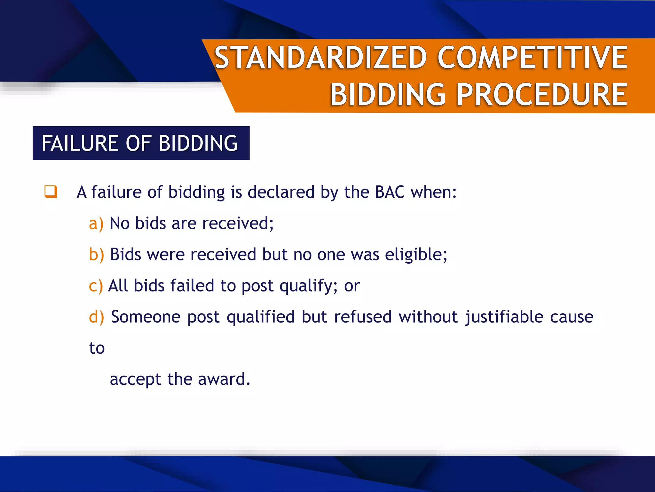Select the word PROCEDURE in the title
point(542,94)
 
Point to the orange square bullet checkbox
point(51,192)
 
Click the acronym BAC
point(390,192)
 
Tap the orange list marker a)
point(96,223)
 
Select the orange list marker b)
point(96,255)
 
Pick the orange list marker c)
point(96,286)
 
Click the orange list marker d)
point(96,317)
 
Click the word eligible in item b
point(415,255)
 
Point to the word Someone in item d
point(146,317)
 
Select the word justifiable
point(504,317)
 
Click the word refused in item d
point(363,317)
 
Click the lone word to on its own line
point(97,348)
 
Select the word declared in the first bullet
point(281,192)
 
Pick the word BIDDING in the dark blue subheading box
point(198,143)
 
